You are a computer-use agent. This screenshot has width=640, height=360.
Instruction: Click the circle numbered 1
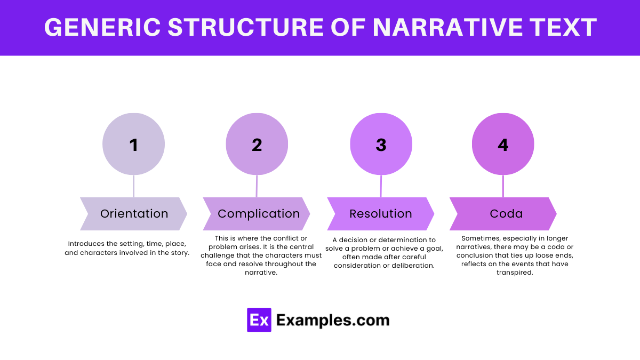click(133, 144)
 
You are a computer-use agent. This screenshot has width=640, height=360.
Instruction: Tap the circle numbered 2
click(257, 144)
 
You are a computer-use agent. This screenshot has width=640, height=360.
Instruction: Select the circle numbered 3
click(381, 144)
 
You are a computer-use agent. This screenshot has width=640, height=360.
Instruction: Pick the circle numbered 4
click(503, 144)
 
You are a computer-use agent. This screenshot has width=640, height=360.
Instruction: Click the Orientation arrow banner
click(133, 214)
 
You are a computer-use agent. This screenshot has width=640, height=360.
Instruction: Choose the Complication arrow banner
click(258, 214)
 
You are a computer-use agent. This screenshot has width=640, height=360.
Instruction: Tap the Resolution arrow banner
click(380, 214)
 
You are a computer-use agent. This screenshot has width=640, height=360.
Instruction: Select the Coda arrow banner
click(504, 214)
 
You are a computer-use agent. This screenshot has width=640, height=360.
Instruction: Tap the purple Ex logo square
click(259, 320)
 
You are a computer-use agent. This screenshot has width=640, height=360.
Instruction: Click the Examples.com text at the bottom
click(333, 321)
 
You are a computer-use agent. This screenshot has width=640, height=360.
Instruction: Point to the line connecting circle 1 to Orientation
click(133, 186)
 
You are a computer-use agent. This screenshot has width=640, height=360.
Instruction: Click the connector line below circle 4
click(503, 186)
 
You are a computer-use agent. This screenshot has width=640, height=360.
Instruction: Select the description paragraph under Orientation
click(127, 248)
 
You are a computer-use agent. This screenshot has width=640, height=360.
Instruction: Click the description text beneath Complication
click(261, 255)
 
